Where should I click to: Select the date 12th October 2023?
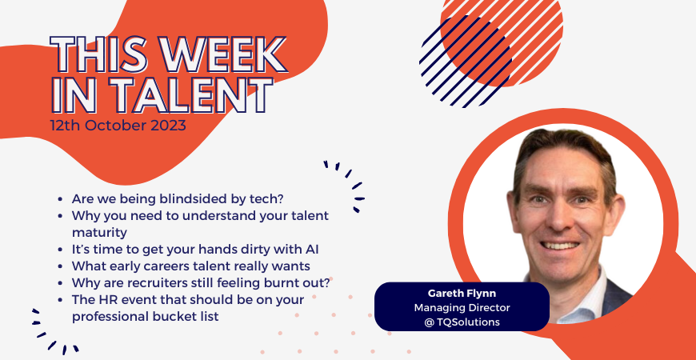118,126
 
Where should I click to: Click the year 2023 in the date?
168,126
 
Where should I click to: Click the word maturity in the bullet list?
99,233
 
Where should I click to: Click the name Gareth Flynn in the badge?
462,294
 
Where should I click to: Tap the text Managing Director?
462,308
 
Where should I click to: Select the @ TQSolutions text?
462,322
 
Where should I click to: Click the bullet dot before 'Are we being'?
60,199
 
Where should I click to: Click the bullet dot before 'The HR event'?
60,300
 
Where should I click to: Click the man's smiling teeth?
560,245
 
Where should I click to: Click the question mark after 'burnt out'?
330,282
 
